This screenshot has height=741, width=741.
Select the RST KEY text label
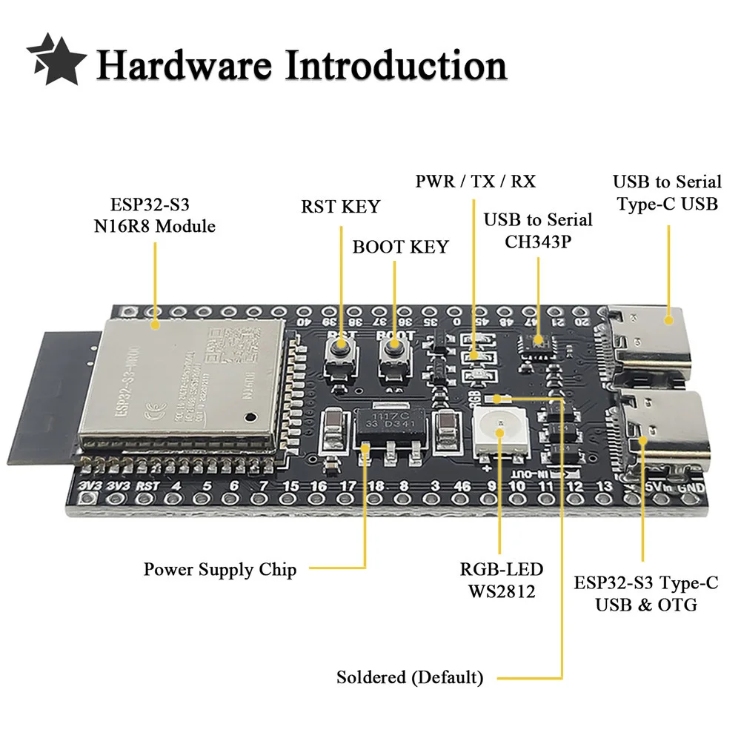click(339, 207)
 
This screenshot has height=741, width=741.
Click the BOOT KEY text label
click(400, 246)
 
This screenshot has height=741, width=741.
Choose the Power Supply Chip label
click(220, 569)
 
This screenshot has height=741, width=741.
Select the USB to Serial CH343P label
click(538, 230)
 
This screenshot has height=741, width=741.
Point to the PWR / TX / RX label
click(475, 181)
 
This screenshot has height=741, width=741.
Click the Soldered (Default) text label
click(409, 677)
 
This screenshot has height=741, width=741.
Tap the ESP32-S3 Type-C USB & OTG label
click(646, 594)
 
